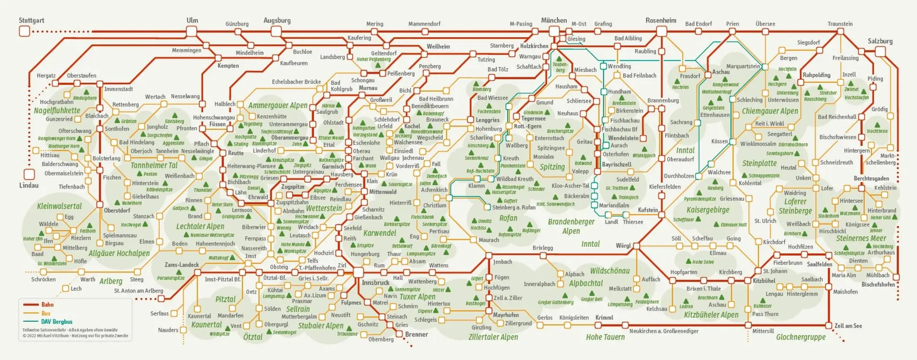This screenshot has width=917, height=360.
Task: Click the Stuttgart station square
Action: (x=24, y=32)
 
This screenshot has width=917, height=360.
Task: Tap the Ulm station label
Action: (x=192, y=21)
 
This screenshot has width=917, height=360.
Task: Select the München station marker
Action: (x=554, y=32)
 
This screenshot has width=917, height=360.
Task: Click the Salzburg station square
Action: (x=880, y=52)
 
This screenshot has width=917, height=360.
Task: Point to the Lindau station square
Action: (x=29, y=174)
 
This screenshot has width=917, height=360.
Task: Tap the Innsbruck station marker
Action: (x=359, y=272)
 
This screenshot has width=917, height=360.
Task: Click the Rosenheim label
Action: (x=661, y=21)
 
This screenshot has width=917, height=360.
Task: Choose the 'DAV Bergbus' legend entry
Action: (x=56, y=322)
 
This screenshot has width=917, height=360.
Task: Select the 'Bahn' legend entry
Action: (x=47, y=305)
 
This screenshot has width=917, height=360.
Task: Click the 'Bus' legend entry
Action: (x=46, y=313)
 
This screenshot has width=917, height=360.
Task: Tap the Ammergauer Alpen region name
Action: (x=277, y=106)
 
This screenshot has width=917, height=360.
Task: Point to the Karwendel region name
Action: (x=380, y=233)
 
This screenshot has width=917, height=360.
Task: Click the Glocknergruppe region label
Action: (x=800, y=337)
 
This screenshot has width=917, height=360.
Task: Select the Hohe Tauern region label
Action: (x=605, y=337)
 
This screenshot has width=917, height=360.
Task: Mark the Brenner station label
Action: (x=416, y=334)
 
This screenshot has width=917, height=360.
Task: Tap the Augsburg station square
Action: (x=276, y=32)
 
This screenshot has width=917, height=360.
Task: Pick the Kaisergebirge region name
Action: (x=708, y=210)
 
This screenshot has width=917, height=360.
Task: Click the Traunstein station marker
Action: (x=840, y=32)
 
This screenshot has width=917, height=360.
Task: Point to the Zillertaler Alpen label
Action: (x=493, y=337)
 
